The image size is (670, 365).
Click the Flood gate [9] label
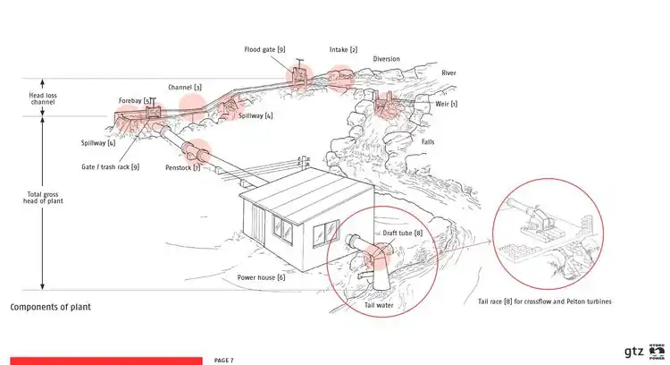[x=264, y=49]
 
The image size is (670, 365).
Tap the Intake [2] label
[x=343, y=50]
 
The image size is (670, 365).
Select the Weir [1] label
[x=446, y=104]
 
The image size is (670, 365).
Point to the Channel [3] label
[x=185, y=88]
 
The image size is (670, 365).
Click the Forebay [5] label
[x=135, y=101]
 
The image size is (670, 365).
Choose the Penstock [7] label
[x=182, y=167]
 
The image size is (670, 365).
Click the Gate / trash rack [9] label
[x=110, y=167]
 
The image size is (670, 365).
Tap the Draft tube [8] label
[x=402, y=233]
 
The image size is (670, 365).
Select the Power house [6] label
[x=261, y=277]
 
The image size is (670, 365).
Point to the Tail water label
[x=379, y=306]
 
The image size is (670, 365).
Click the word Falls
[x=428, y=142]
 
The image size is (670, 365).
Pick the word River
[x=448, y=73]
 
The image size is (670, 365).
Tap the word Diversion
[x=386, y=59]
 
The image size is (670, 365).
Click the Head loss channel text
[x=43, y=98]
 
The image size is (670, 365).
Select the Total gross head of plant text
[x=43, y=198]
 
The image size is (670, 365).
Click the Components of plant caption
[x=50, y=307]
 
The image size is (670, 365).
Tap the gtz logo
[x=633, y=352]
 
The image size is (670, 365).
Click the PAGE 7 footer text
[x=224, y=361]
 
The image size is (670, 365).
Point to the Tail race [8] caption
[x=544, y=301]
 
